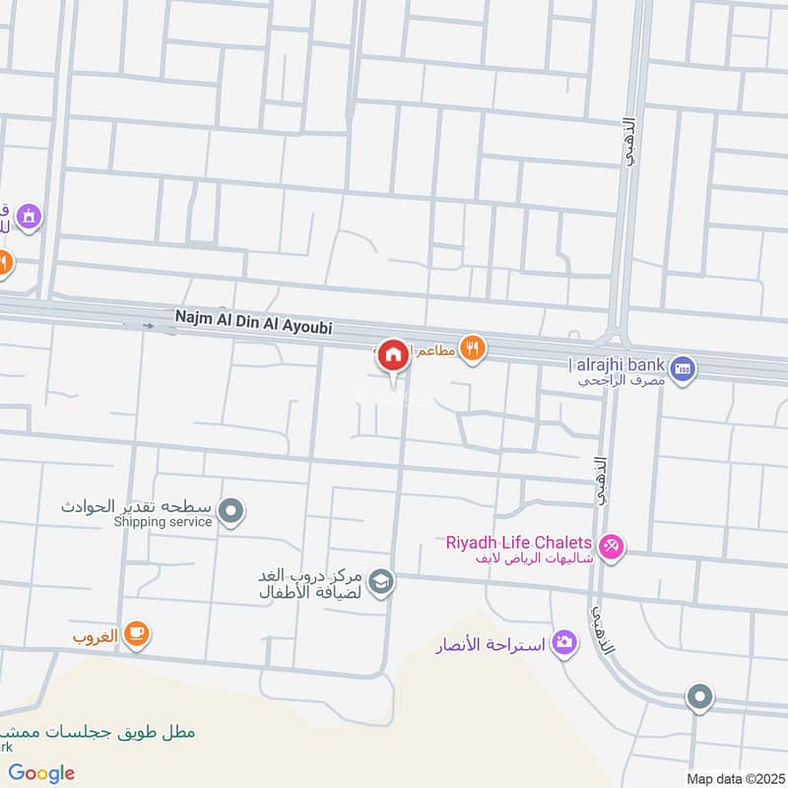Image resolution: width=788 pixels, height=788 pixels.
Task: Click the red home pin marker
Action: click(x=394, y=356)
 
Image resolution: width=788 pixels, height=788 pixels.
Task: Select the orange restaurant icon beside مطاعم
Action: click(x=473, y=348)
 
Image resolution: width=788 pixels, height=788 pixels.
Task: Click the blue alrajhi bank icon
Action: click(x=687, y=369)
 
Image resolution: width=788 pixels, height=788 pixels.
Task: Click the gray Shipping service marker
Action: click(x=231, y=510)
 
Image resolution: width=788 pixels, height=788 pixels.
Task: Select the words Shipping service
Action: click(x=163, y=521)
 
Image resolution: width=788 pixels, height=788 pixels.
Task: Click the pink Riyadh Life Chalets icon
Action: click(x=612, y=545)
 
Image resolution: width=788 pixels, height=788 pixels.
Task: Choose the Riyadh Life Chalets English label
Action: click(x=519, y=543)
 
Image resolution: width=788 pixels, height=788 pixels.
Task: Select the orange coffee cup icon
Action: click(x=137, y=635)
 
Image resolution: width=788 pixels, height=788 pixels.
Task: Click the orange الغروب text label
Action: click(x=96, y=636)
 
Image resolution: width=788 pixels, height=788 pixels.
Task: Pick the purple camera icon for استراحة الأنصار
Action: click(x=564, y=643)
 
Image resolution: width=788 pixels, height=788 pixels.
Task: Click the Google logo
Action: click(x=41, y=773)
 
